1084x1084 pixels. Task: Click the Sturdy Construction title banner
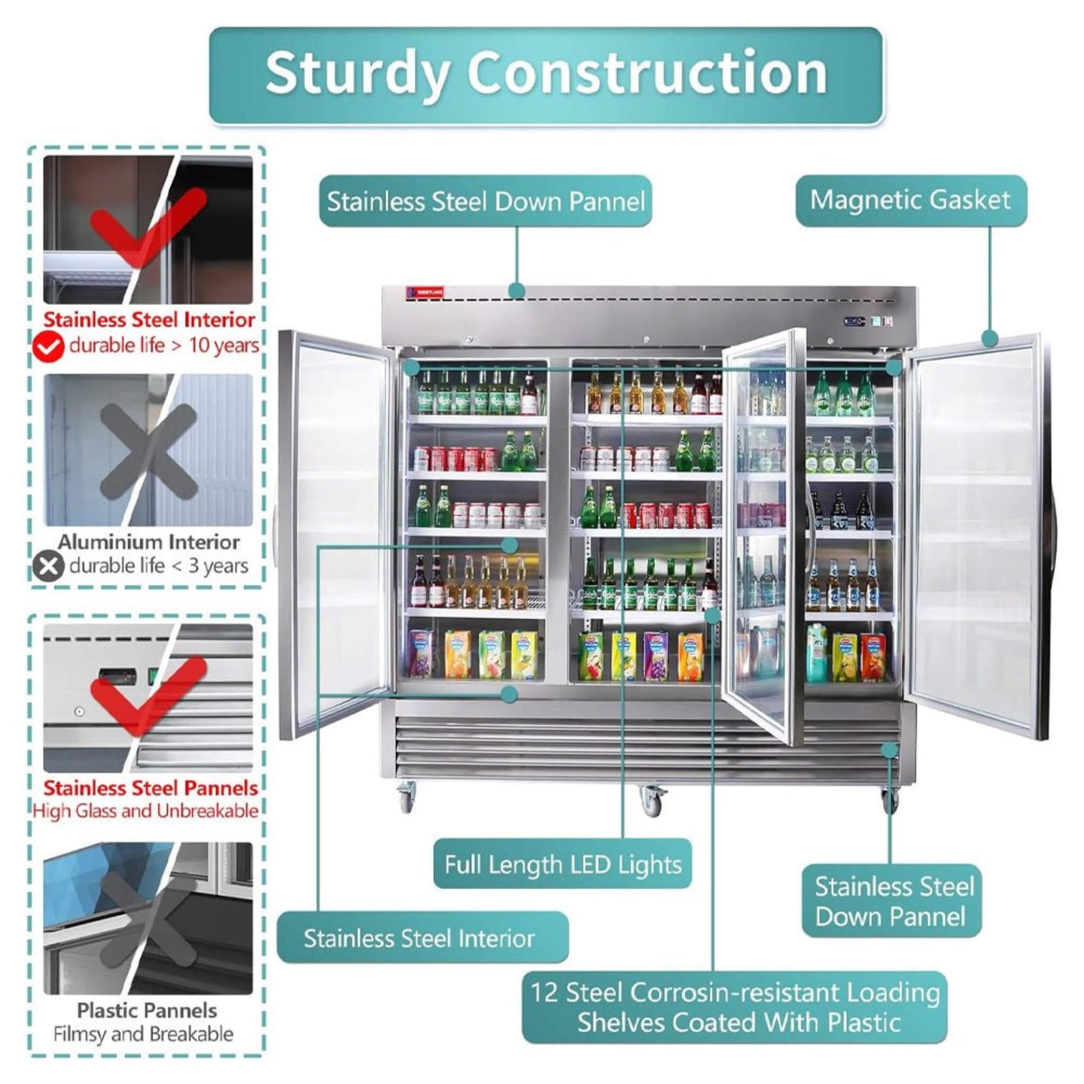[546, 75]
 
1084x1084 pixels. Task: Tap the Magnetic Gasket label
[911, 200]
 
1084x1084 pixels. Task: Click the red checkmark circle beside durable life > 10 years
[48, 346]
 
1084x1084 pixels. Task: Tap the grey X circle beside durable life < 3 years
[48, 566]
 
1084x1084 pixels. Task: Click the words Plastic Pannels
[147, 1011]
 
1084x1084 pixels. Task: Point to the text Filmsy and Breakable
[143, 1034]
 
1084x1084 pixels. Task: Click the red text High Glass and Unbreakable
[146, 811]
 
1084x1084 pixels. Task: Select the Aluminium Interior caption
[148, 542]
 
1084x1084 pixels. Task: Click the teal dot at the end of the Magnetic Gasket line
[990, 340]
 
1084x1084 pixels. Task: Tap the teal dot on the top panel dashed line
[517, 291]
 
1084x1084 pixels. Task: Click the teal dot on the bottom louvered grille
[889, 750]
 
